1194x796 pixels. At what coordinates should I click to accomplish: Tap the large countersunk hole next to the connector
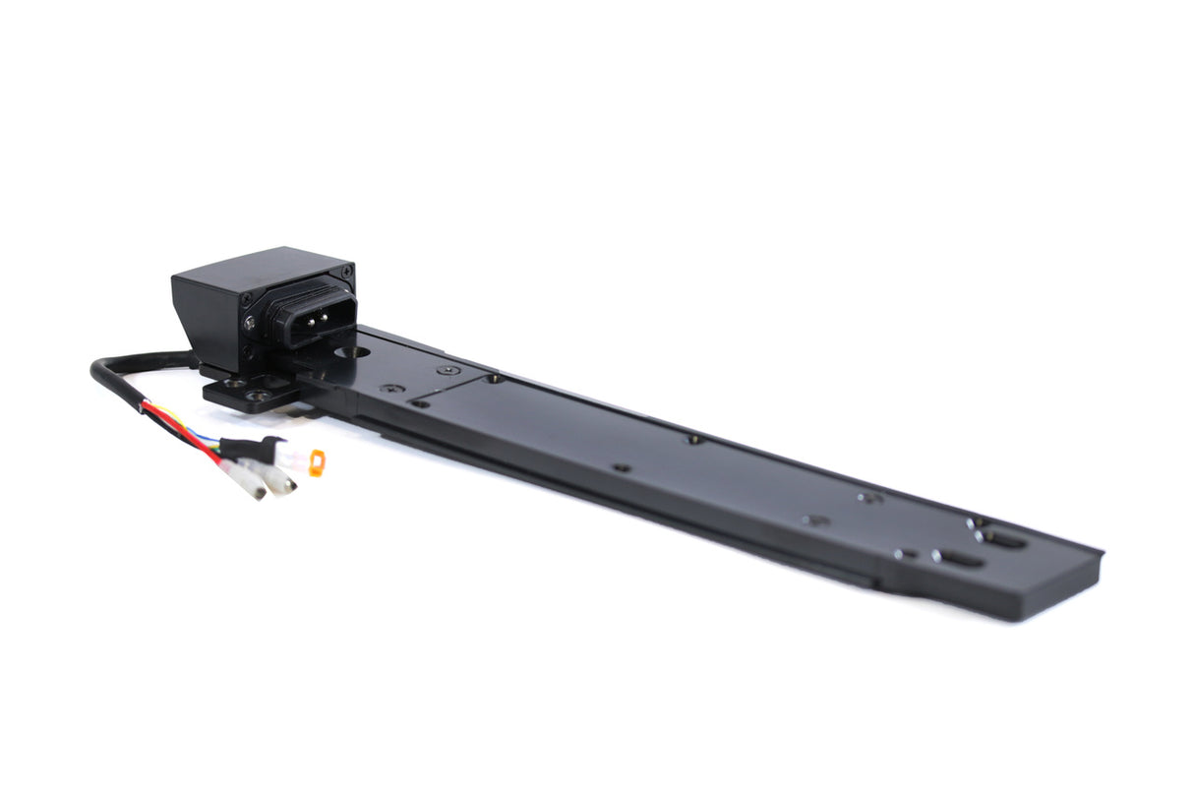click(352, 350)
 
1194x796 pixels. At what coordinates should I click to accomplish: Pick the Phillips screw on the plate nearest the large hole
click(449, 370)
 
